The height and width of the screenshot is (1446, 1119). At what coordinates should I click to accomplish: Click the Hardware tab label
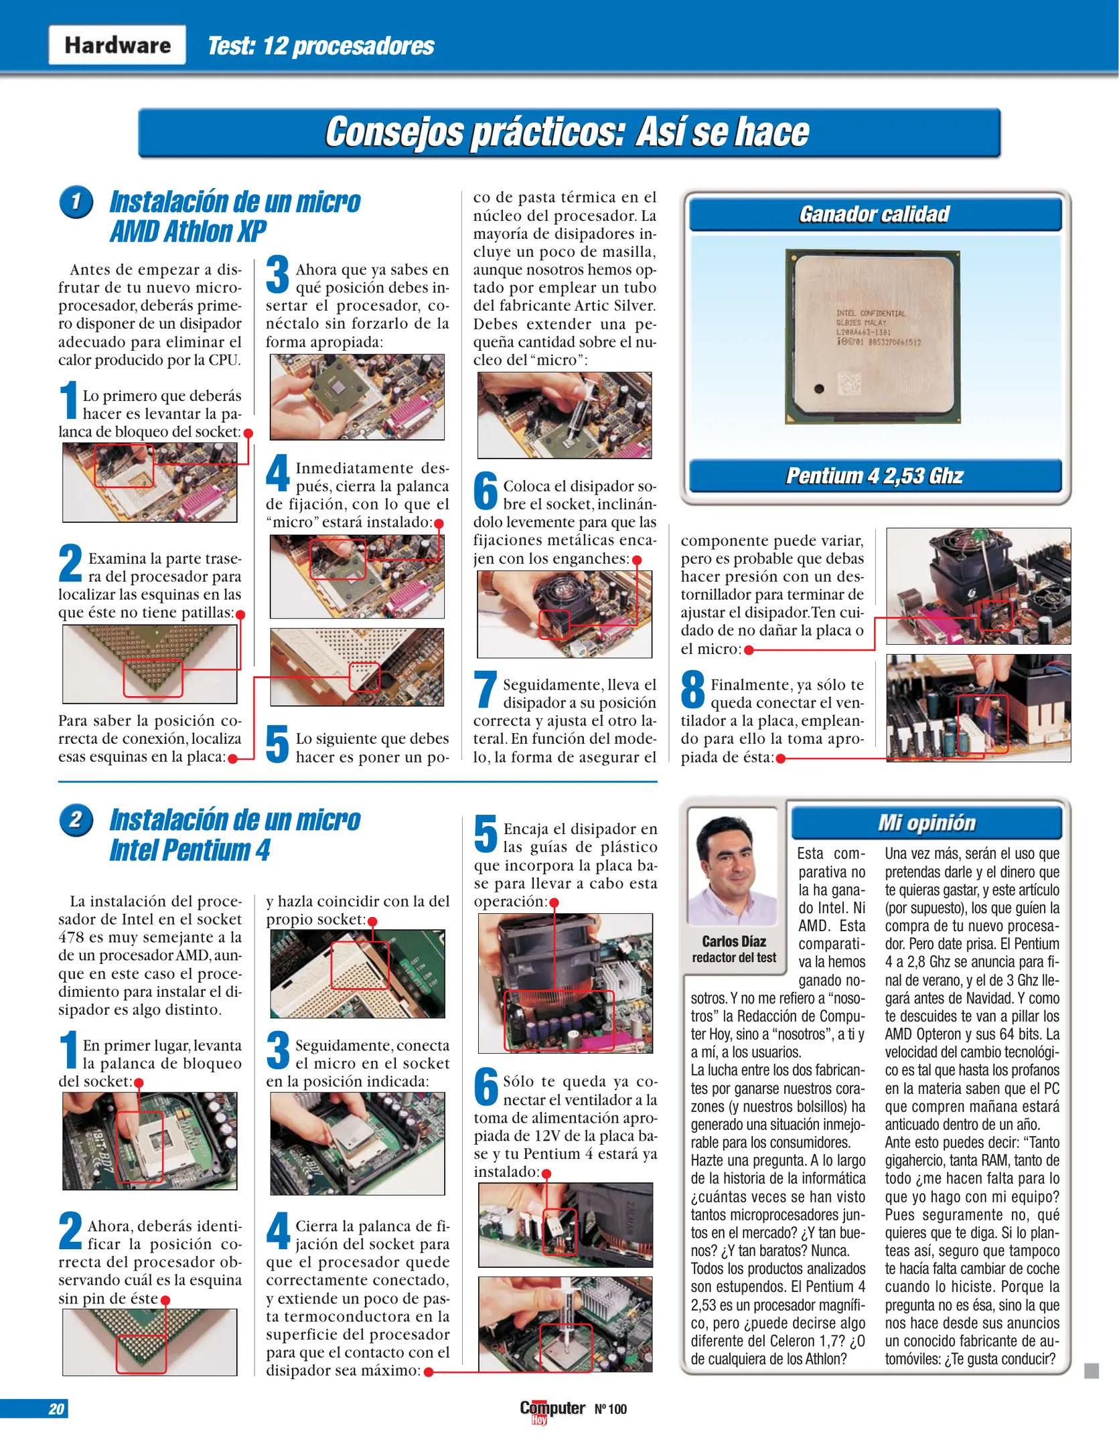pos(117,45)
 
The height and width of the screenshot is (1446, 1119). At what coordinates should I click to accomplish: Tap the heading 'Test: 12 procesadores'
pos(321,46)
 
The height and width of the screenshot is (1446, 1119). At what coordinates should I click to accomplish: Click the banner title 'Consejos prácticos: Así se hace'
pos(568,132)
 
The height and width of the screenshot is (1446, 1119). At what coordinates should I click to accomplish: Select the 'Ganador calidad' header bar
pos(875,214)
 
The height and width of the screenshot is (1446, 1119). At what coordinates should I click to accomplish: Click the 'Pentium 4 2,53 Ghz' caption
pos(875,476)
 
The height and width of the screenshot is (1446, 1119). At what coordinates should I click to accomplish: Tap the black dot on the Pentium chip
pos(818,389)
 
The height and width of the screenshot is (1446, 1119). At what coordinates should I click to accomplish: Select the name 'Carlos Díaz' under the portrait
pos(734,941)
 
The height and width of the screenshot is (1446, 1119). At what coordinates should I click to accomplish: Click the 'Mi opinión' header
pos(927,823)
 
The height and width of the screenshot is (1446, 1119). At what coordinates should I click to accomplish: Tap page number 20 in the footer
pos(56,1409)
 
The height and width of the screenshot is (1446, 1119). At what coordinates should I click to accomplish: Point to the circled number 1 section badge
pos(76,202)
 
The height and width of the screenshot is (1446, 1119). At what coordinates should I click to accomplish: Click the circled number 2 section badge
pos(76,820)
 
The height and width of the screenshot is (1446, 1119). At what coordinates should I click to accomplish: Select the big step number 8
pos(693,690)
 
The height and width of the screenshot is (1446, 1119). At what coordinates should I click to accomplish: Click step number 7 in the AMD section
pos(486,690)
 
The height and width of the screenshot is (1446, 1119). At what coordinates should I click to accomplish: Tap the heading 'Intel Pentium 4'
pos(190,851)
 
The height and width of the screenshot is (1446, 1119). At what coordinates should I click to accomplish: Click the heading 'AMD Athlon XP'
pos(188,232)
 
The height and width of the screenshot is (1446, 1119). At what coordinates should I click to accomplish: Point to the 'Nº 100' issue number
pos(610,1409)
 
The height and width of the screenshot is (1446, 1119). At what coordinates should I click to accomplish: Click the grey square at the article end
pos(1092,1371)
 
